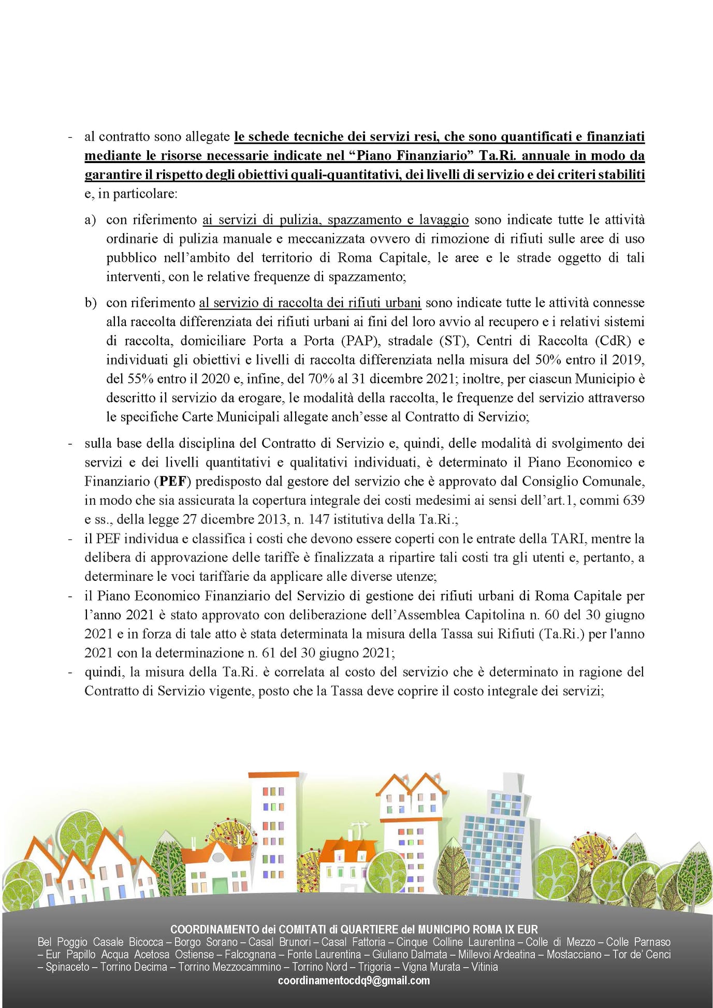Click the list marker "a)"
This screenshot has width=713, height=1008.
tap(90, 220)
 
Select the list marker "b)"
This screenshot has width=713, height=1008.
tap(91, 303)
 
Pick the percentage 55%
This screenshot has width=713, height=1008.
tap(140, 379)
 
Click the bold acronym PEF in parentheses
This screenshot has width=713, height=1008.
tap(173, 481)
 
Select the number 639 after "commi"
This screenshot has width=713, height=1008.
tap(634, 501)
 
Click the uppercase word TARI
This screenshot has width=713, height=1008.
tap(568, 539)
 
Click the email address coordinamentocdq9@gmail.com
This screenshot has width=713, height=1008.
tap(354, 981)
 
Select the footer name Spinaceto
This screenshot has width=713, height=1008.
tap(67, 967)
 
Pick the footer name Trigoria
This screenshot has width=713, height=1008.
tap(374, 967)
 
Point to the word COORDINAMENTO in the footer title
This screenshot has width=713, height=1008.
tap(214, 929)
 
